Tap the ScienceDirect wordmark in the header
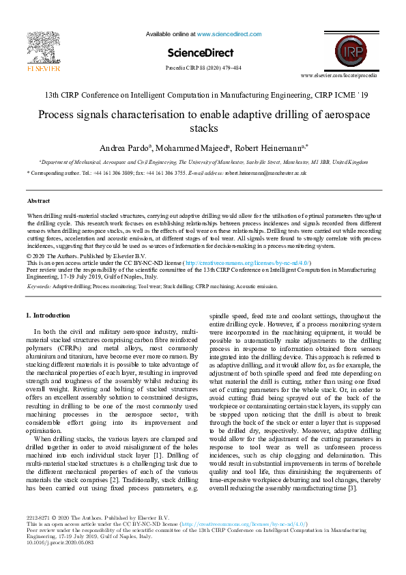click(203, 53)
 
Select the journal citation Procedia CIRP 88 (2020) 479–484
click(203, 68)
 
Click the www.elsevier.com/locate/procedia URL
click(338, 75)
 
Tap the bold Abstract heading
click(38, 201)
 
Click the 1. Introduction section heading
click(47, 315)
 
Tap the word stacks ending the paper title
click(203, 128)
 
